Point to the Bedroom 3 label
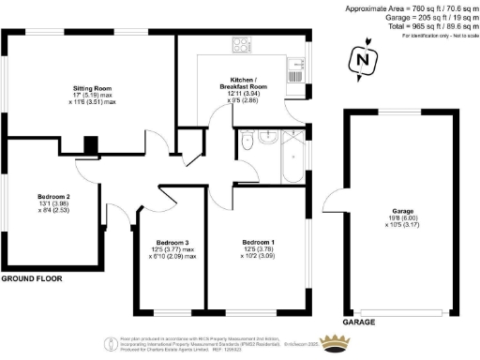[169, 241]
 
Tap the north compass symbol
[359, 62]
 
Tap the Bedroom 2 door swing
[120, 214]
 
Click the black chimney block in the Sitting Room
[90, 144]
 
